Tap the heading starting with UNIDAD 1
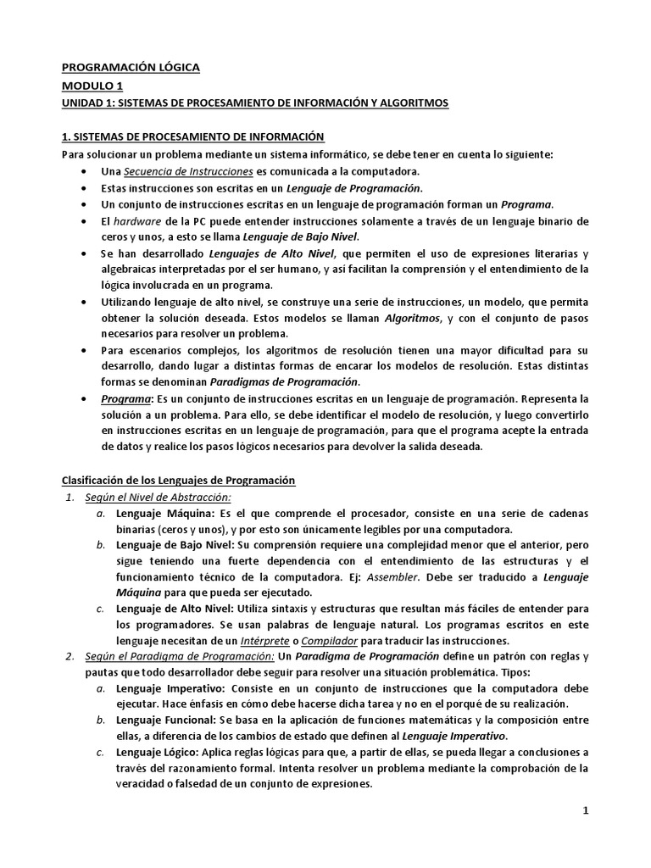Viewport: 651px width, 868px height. [255, 103]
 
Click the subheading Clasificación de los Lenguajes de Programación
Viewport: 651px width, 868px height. [178, 481]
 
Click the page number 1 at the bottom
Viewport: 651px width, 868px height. [585, 811]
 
